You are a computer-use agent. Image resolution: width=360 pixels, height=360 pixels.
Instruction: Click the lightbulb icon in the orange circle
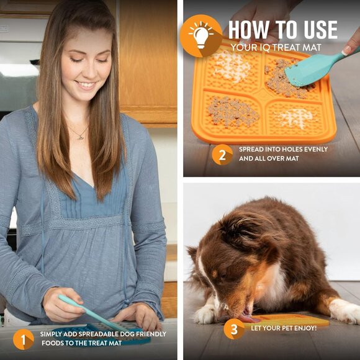pos(200,35)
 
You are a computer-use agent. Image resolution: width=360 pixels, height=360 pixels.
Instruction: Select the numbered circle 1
pos(24,339)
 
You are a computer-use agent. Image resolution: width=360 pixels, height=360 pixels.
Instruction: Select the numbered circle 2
pos(222,154)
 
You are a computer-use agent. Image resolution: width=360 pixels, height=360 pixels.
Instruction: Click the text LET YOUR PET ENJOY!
pos(283,328)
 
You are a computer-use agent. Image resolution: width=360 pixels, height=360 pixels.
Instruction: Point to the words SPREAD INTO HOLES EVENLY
pos(283,149)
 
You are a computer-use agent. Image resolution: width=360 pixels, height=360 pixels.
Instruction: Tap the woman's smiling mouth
pos(85,85)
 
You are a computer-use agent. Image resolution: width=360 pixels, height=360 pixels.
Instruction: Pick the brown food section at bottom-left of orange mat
pos(232,112)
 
